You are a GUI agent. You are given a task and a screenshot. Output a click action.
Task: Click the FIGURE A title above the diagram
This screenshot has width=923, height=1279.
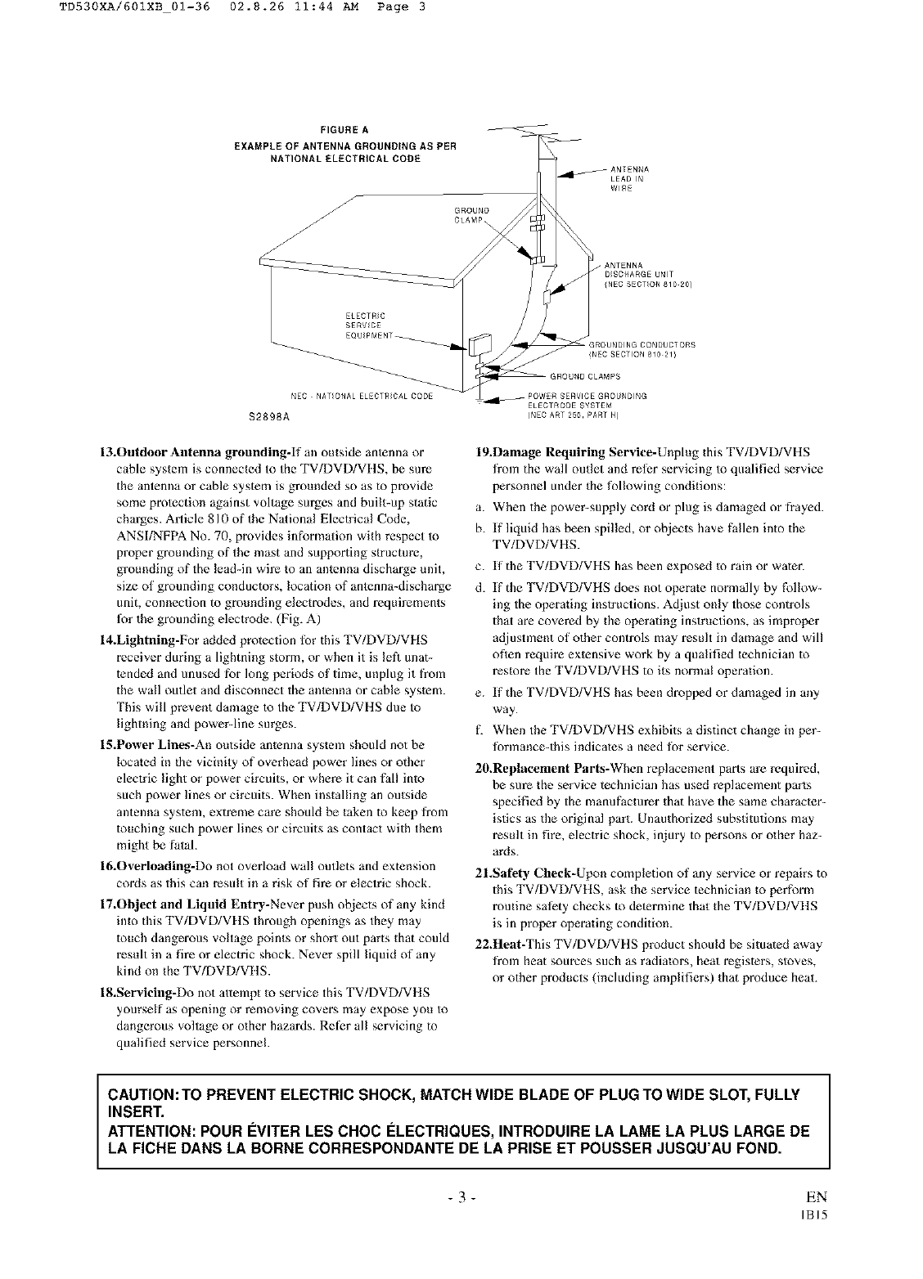click(344, 129)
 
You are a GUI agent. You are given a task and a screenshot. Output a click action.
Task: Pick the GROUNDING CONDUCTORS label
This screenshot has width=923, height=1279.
click(642, 349)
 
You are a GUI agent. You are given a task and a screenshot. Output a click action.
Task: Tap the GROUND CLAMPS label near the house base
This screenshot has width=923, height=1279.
click(584, 377)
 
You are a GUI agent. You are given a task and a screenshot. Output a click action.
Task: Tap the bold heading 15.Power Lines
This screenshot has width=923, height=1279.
click(146, 745)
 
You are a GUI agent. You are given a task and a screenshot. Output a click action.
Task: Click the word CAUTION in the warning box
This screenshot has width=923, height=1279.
click(146, 1095)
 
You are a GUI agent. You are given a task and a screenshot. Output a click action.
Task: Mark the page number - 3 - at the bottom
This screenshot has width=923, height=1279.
click(462, 1200)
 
